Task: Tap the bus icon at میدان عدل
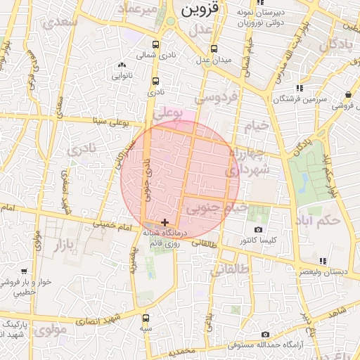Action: tap(214, 49)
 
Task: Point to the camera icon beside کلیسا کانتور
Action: tap(258, 229)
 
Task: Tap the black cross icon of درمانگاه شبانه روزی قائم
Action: tap(165, 222)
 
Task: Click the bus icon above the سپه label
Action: tap(146, 318)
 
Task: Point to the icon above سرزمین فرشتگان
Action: tap(299, 88)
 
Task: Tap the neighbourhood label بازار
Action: tap(67, 245)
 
